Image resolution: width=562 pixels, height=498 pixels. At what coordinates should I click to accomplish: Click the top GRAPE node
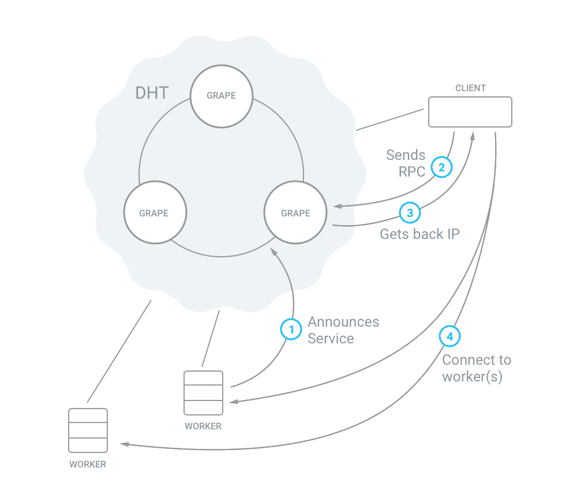click(222, 96)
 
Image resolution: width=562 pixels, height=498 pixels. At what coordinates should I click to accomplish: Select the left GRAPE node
click(154, 213)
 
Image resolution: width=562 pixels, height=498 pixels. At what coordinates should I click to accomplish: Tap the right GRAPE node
click(295, 213)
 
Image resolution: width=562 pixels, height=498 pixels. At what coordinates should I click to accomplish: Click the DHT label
click(152, 93)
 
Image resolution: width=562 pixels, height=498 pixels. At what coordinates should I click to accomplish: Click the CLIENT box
click(470, 112)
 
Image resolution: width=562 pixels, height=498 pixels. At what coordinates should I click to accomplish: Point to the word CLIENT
click(470, 88)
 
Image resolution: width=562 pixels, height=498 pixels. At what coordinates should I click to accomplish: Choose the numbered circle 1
click(291, 329)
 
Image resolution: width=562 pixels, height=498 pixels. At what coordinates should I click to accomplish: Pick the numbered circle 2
click(442, 168)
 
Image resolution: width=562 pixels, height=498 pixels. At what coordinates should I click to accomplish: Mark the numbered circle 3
click(410, 213)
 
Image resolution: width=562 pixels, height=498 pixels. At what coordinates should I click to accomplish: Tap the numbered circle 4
click(450, 336)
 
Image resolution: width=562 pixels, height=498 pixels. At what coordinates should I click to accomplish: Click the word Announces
click(343, 322)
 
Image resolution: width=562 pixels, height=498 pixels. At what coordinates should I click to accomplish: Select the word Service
click(331, 339)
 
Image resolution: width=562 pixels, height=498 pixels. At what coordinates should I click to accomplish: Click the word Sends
click(406, 155)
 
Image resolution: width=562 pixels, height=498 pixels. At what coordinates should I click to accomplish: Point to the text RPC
click(412, 171)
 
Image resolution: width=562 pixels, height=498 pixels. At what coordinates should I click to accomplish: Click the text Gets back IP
click(419, 234)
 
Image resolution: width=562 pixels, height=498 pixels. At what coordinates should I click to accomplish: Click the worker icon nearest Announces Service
click(203, 393)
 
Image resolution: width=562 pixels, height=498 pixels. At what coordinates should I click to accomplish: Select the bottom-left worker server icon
click(88, 430)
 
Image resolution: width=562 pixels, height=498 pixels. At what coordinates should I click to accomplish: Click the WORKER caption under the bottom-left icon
click(88, 464)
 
